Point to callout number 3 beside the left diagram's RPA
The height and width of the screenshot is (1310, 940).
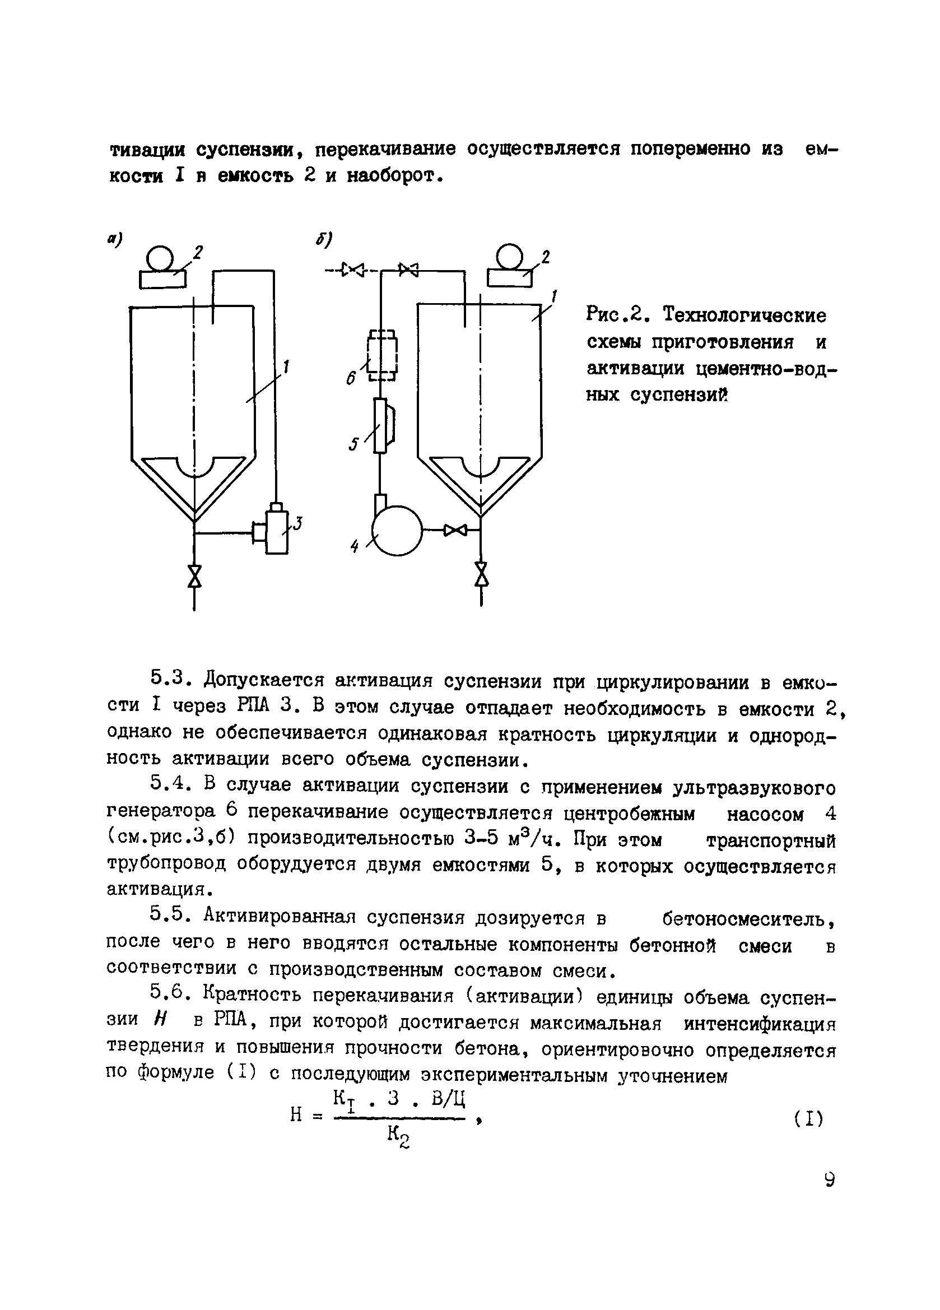pos(297,524)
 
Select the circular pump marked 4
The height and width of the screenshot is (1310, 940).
pos(397,531)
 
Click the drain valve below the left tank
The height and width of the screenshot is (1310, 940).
pos(194,575)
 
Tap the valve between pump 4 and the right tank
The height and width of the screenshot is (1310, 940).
pos(455,529)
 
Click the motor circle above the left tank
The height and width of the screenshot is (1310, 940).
pos(161,258)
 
